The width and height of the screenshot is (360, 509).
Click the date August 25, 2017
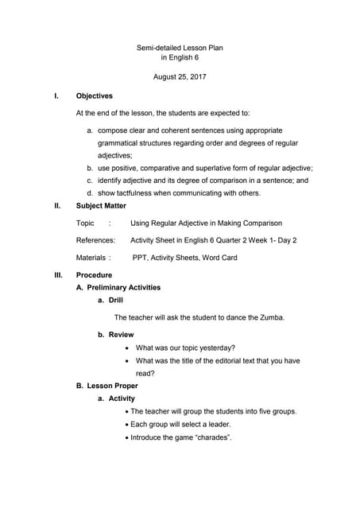pos(180,77)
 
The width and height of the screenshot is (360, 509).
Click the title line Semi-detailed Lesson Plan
pos(180,48)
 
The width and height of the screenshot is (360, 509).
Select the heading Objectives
pos(94,96)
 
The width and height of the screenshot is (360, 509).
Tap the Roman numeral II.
pos(57,205)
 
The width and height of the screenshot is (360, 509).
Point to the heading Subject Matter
pos(101,205)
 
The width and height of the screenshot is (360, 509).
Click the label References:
pos(95,240)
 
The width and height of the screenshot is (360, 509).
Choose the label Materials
pos(92,258)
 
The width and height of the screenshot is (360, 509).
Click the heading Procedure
pos(94,275)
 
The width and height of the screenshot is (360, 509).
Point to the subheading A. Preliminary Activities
pos(118,287)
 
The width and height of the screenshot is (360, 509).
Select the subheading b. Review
pos(115,335)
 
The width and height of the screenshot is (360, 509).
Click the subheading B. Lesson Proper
pos(107,386)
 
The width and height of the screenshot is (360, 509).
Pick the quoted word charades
pos(211,437)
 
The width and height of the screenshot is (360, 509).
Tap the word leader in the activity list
pos(214,424)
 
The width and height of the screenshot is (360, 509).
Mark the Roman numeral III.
pos(58,275)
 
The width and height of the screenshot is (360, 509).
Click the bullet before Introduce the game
pos(127,437)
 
